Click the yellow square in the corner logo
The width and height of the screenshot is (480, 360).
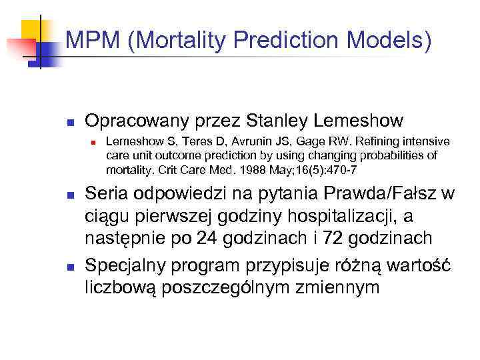32,31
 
